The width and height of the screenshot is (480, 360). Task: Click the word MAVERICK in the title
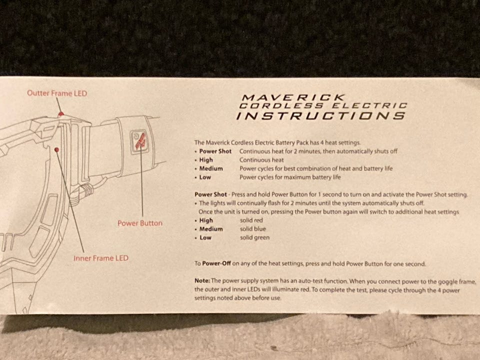coord(293,97)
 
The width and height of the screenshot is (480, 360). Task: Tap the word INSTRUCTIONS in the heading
coord(321,115)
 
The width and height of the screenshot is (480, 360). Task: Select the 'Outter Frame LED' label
coord(57,93)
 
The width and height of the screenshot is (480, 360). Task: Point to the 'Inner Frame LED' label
coord(101,258)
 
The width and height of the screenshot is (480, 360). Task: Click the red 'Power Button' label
coord(140,223)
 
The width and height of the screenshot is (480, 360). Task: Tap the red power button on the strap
coord(139,141)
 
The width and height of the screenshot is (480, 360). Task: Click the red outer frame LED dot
coord(61,114)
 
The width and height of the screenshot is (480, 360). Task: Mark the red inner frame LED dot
coord(56,149)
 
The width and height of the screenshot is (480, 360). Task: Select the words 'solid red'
coord(251,220)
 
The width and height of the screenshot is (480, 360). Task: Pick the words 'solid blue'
coord(253,228)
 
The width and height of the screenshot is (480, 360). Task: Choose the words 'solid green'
coord(254,237)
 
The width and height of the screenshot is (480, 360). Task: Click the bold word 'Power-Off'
coord(216,263)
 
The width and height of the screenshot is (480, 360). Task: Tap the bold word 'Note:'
coord(202,280)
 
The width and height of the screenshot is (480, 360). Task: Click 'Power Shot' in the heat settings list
coord(215,151)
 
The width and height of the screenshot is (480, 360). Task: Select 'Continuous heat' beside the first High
coord(261,160)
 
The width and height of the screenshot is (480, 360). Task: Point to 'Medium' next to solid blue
coord(211,229)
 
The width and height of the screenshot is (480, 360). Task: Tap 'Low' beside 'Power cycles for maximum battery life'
coord(205,177)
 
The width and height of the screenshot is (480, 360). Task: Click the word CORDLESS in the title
coord(281,106)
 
